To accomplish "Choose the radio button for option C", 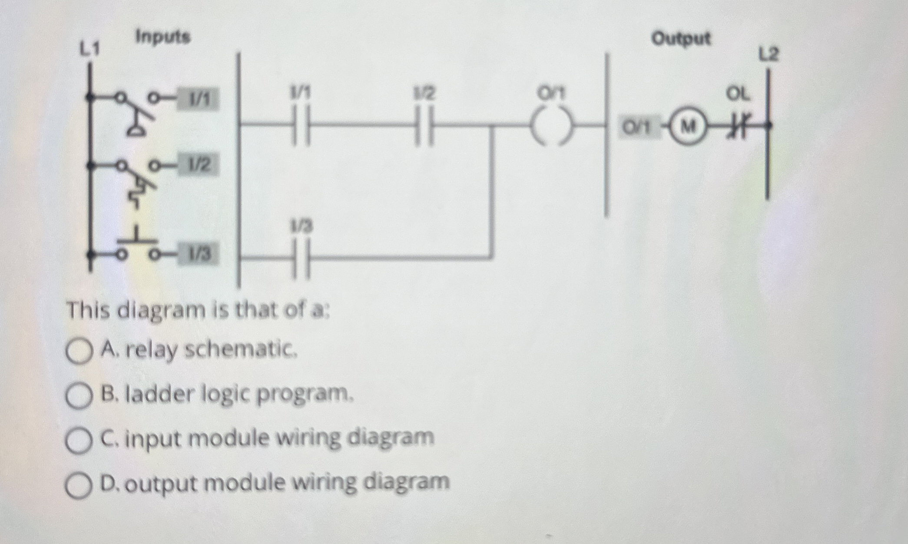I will [x=79, y=441].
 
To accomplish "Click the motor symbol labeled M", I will [x=687, y=126].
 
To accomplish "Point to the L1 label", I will [x=90, y=49].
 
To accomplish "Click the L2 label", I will [x=769, y=55].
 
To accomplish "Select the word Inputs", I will [x=163, y=37].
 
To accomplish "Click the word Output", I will [x=681, y=39].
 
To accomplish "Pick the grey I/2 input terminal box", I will [x=199, y=165].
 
